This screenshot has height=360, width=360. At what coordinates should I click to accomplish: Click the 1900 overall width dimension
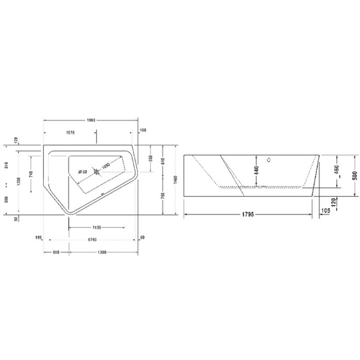91,120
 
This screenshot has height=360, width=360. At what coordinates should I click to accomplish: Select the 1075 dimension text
70,132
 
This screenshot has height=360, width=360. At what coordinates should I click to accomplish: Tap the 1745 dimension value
90,239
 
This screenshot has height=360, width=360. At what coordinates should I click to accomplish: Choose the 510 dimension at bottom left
56,252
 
